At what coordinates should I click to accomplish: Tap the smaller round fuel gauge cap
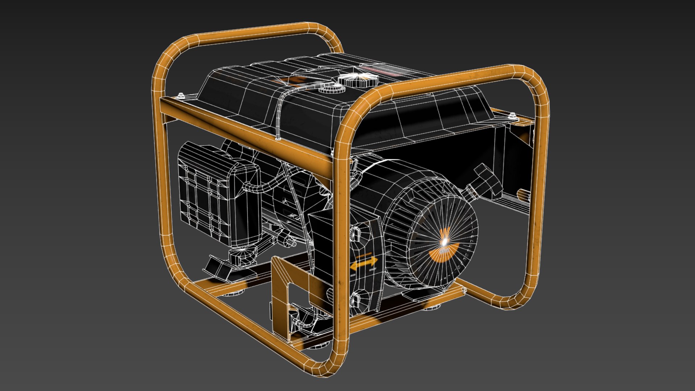[x=330, y=88]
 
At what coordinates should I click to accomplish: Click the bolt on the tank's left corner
[x=181, y=96]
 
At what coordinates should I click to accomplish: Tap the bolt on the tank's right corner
[x=512, y=116]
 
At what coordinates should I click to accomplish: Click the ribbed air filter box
[x=214, y=192]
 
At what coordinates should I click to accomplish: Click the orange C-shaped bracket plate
[x=286, y=290]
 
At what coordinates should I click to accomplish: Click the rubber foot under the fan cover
[x=431, y=307]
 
